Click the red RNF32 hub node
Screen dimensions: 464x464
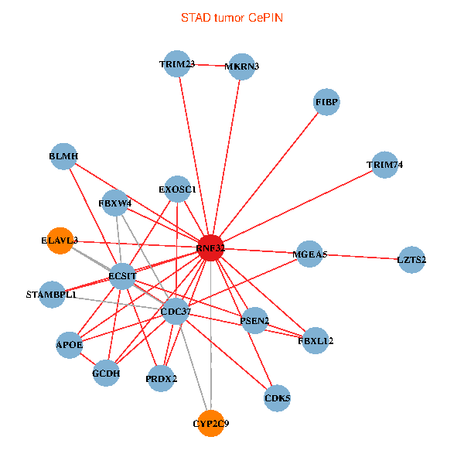[210, 247]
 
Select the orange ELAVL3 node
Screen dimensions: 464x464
[60, 241]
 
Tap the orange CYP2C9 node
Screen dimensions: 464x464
[211, 423]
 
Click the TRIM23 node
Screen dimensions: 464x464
[177, 63]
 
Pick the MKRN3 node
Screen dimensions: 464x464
[241, 67]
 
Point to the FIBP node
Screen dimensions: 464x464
[327, 102]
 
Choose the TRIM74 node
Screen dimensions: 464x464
[384, 165]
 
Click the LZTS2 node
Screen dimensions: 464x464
[411, 259]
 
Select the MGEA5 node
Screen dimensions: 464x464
[310, 254]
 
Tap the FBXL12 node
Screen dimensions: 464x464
[316, 340]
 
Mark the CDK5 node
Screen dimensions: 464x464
[277, 399]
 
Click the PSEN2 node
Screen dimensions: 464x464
[254, 320]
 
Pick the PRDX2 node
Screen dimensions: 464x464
[161, 378]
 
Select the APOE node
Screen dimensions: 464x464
[70, 344]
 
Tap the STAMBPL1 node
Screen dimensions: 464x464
[52, 295]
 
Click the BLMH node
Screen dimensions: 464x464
[63, 157]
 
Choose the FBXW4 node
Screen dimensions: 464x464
[115, 203]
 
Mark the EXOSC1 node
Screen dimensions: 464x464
[178, 189]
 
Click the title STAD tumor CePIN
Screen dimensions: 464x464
[232, 17]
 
